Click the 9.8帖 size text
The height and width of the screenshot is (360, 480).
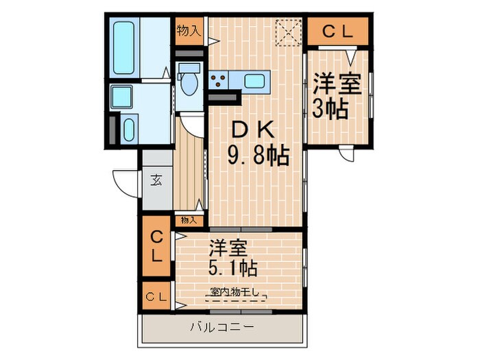(257, 156)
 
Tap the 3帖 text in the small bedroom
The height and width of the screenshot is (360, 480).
(331, 109)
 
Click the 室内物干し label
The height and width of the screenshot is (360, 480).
(235, 293)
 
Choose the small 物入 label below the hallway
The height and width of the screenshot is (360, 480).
(189, 220)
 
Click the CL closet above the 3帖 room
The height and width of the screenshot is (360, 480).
(338, 31)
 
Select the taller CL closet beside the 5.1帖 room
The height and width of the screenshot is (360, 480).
(157, 248)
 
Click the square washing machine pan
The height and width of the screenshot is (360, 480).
(123, 97)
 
